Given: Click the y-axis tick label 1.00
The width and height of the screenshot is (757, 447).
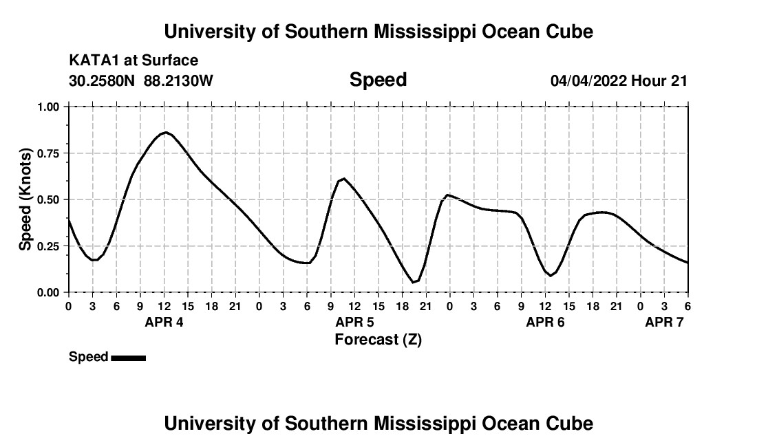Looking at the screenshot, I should [x=48, y=107].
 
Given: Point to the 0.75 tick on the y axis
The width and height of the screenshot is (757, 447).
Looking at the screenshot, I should [x=48, y=153].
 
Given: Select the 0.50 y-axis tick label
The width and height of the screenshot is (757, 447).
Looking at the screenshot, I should [x=48, y=199].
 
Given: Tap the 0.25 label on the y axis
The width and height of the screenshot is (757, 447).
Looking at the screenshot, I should [x=48, y=246].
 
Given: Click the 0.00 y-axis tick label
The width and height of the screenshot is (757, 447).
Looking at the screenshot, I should [x=48, y=293].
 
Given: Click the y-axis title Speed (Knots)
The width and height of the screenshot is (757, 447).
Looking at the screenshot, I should [x=25, y=199].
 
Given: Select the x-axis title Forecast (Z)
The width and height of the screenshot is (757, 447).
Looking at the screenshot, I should [x=378, y=339].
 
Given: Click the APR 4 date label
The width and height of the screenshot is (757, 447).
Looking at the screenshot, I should [x=164, y=323].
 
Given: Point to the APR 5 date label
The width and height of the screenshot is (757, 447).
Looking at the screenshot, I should [x=354, y=323].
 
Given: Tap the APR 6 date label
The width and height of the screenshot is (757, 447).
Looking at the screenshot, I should [x=545, y=323].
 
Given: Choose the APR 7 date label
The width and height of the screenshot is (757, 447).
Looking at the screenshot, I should [x=664, y=323].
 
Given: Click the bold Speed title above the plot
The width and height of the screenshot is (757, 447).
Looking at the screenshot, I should [x=378, y=80].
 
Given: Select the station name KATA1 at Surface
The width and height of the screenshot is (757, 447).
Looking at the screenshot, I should [x=134, y=61].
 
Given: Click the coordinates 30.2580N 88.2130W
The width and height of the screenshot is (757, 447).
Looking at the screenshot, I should [x=141, y=81].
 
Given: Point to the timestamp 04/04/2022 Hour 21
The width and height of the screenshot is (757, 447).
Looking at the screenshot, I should [x=619, y=81].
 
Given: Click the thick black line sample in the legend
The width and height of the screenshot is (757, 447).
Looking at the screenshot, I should [x=128, y=358].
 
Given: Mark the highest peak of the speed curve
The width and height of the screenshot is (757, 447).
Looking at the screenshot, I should [x=165, y=132].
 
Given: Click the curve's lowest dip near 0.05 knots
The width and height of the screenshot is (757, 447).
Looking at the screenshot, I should [x=414, y=282].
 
